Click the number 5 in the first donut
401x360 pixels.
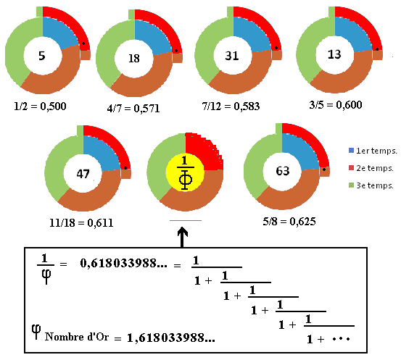(42, 56)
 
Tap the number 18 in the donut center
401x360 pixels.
(134, 59)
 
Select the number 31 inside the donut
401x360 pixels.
(232, 56)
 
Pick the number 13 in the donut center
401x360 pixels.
(334, 54)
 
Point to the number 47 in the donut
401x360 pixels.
(83, 174)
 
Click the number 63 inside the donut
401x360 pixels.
(282, 171)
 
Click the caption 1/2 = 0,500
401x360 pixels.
(40, 106)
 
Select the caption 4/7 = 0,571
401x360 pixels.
(133, 109)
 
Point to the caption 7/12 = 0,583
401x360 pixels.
(231, 106)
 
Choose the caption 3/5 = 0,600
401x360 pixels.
(336, 105)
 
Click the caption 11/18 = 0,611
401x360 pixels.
(81, 223)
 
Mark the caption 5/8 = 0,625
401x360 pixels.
(289, 221)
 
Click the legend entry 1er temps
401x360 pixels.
(373, 151)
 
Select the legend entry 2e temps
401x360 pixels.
(371, 168)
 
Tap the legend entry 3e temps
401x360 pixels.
(371, 185)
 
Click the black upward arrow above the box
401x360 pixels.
(182, 237)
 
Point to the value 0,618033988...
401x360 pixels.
(123, 263)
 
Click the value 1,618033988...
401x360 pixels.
(171, 338)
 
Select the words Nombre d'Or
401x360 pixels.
(77, 337)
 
